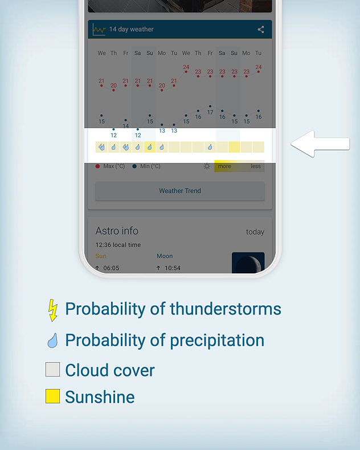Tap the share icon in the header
tap(261, 29)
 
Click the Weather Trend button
tap(180, 191)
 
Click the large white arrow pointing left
tap(320, 144)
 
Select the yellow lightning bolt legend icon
tap(52, 310)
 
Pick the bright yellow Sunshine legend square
tap(52, 396)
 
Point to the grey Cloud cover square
tap(52, 369)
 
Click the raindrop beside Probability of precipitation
tap(52, 341)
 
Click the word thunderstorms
tap(226, 309)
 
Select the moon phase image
tap(248, 263)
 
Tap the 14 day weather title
tap(131, 29)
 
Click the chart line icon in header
tap(99, 29)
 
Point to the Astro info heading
tap(117, 231)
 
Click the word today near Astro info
tap(255, 232)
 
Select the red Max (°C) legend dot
tap(97, 166)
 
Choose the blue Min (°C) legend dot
tap(134, 166)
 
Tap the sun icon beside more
tap(207, 166)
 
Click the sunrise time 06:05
tap(111, 268)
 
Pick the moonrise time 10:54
tap(173, 268)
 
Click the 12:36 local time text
tap(118, 245)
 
